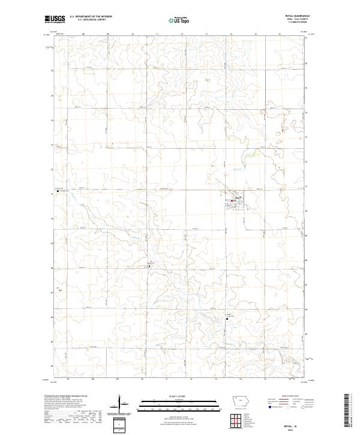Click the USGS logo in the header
55,19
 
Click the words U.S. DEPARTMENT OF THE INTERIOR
91,16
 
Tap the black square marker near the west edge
58,193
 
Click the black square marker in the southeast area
226,320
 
